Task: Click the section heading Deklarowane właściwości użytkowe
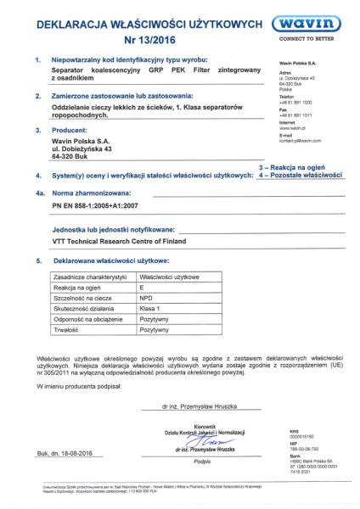tap(106, 262)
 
